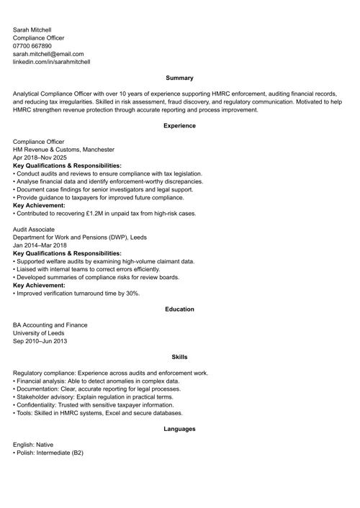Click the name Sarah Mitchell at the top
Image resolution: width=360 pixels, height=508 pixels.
coord(32,30)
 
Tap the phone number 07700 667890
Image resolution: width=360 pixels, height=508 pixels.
coord(32,45)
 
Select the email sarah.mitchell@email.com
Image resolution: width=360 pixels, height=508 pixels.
coord(48,54)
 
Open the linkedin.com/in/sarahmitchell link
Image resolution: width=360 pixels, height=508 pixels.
coord(51,62)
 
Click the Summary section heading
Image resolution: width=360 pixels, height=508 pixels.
coord(179,78)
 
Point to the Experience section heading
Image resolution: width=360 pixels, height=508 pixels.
coord(179,126)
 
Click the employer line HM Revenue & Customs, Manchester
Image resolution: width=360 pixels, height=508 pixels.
coord(63,150)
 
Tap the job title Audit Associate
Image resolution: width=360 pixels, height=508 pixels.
coord(34,230)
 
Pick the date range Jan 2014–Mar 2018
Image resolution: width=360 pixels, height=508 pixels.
coord(40,245)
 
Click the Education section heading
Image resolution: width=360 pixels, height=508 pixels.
coord(179,309)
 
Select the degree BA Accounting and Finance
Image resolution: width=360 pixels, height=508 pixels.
coord(50,325)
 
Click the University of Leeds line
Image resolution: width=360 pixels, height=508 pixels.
coord(39,333)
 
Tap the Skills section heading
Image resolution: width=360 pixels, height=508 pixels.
coord(179,357)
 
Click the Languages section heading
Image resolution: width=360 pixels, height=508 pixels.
coord(179,429)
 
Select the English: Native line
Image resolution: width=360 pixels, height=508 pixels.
coord(33,445)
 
